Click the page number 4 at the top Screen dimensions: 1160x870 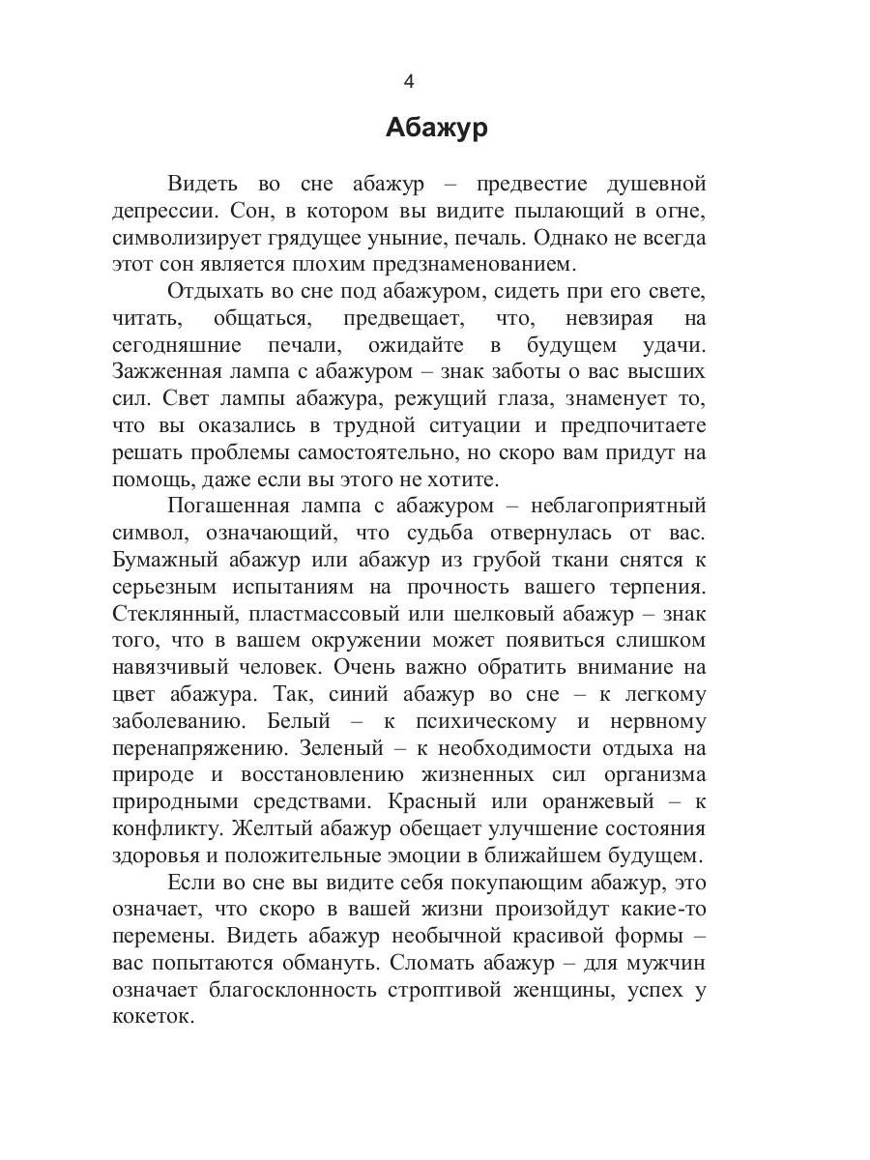[x=408, y=81]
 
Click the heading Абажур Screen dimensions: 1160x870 [x=436, y=128]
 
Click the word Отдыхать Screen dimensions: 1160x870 [x=216, y=291]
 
